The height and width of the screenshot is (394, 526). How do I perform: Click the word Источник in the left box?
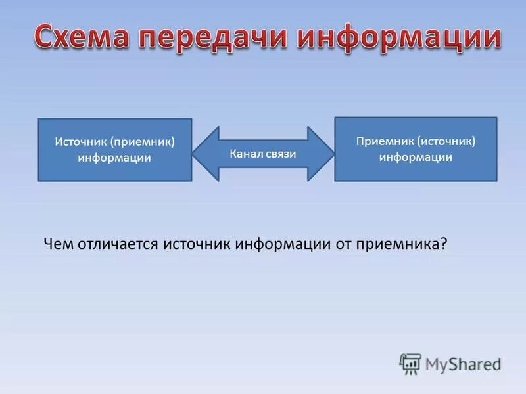click(81, 142)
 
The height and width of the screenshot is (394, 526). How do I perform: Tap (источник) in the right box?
click(445, 141)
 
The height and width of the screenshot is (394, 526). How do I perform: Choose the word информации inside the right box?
click(416, 157)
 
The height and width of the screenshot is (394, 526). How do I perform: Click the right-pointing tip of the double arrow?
click(333, 154)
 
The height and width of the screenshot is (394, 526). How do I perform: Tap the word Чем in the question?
click(57, 244)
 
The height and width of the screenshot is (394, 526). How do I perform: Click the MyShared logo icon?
click(410, 364)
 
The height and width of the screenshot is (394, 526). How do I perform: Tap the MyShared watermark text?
click(464, 364)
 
